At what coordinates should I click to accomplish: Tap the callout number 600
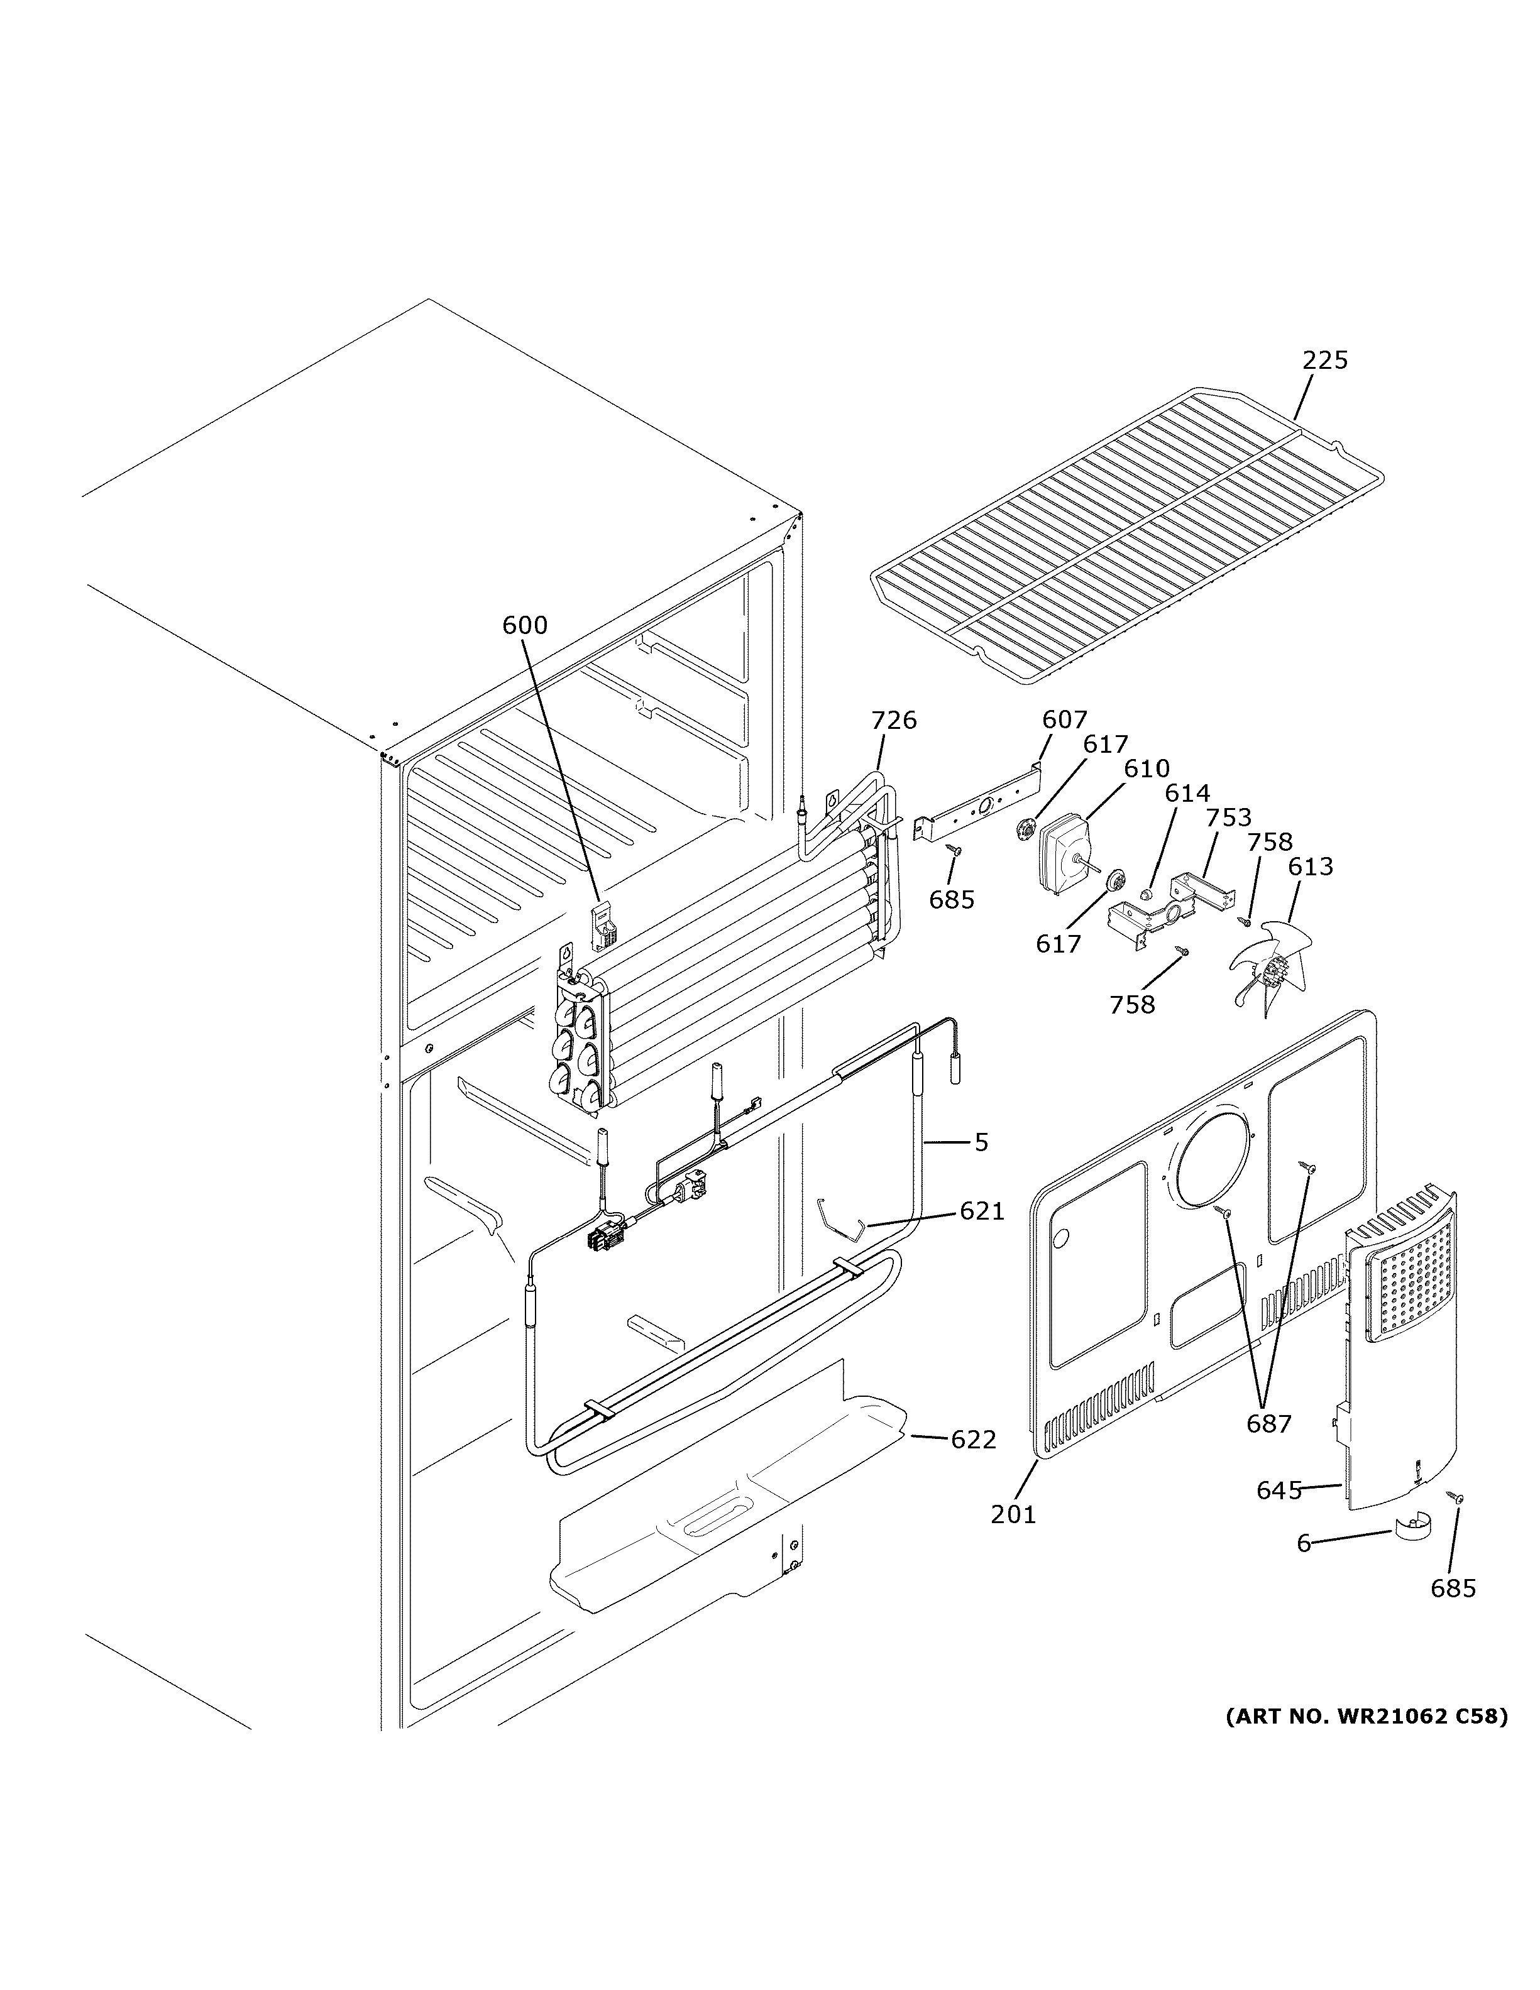pos(525,625)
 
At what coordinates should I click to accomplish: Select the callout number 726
pos(893,721)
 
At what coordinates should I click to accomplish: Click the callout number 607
pos(1064,721)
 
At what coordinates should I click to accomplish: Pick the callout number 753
pos(1228,817)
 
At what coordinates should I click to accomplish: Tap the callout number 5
pos(981,1142)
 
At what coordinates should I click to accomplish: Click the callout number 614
pos(1187,794)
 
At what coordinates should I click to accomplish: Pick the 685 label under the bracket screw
pos(951,900)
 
